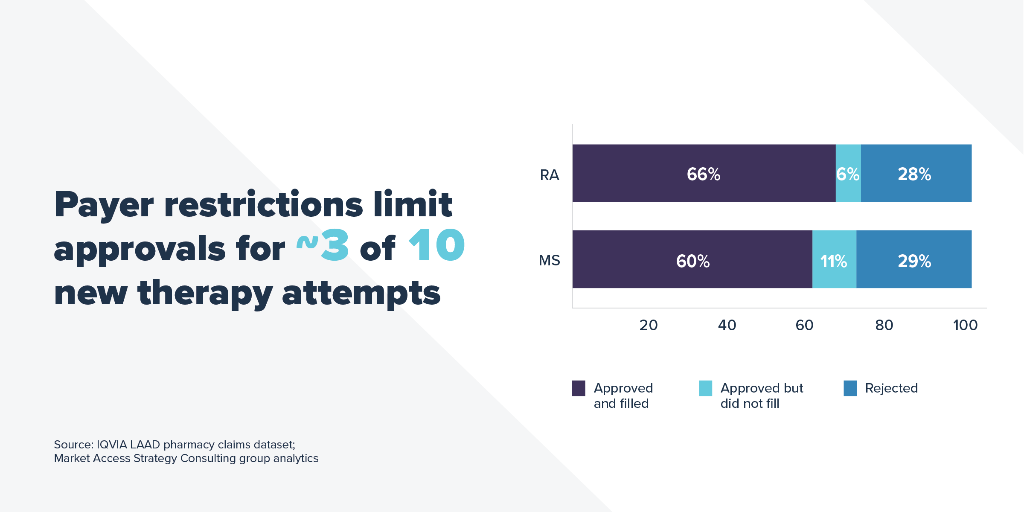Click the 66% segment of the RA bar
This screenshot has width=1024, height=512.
tap(704, 174)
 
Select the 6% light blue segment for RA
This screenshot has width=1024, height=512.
tap(848, 174)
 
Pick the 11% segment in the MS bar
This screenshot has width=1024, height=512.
tap(834, 260)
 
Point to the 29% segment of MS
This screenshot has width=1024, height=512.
tap(913, 260)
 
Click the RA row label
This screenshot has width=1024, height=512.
tap(549, 175)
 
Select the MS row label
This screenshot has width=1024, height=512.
tap(549, 260)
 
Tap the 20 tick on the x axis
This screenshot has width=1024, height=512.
tap(648, 326)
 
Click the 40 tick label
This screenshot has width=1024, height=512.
tap(727, 326)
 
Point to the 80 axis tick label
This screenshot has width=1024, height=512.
tap(884, 326)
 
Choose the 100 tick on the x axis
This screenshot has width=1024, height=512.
tap(965, 326)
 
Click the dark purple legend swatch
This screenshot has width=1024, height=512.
tap(579, 388)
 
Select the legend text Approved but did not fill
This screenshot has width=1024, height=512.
tap(762, 396)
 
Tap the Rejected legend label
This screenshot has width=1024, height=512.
tap(891, 388)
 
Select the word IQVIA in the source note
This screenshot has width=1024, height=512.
tap(112, 445)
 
